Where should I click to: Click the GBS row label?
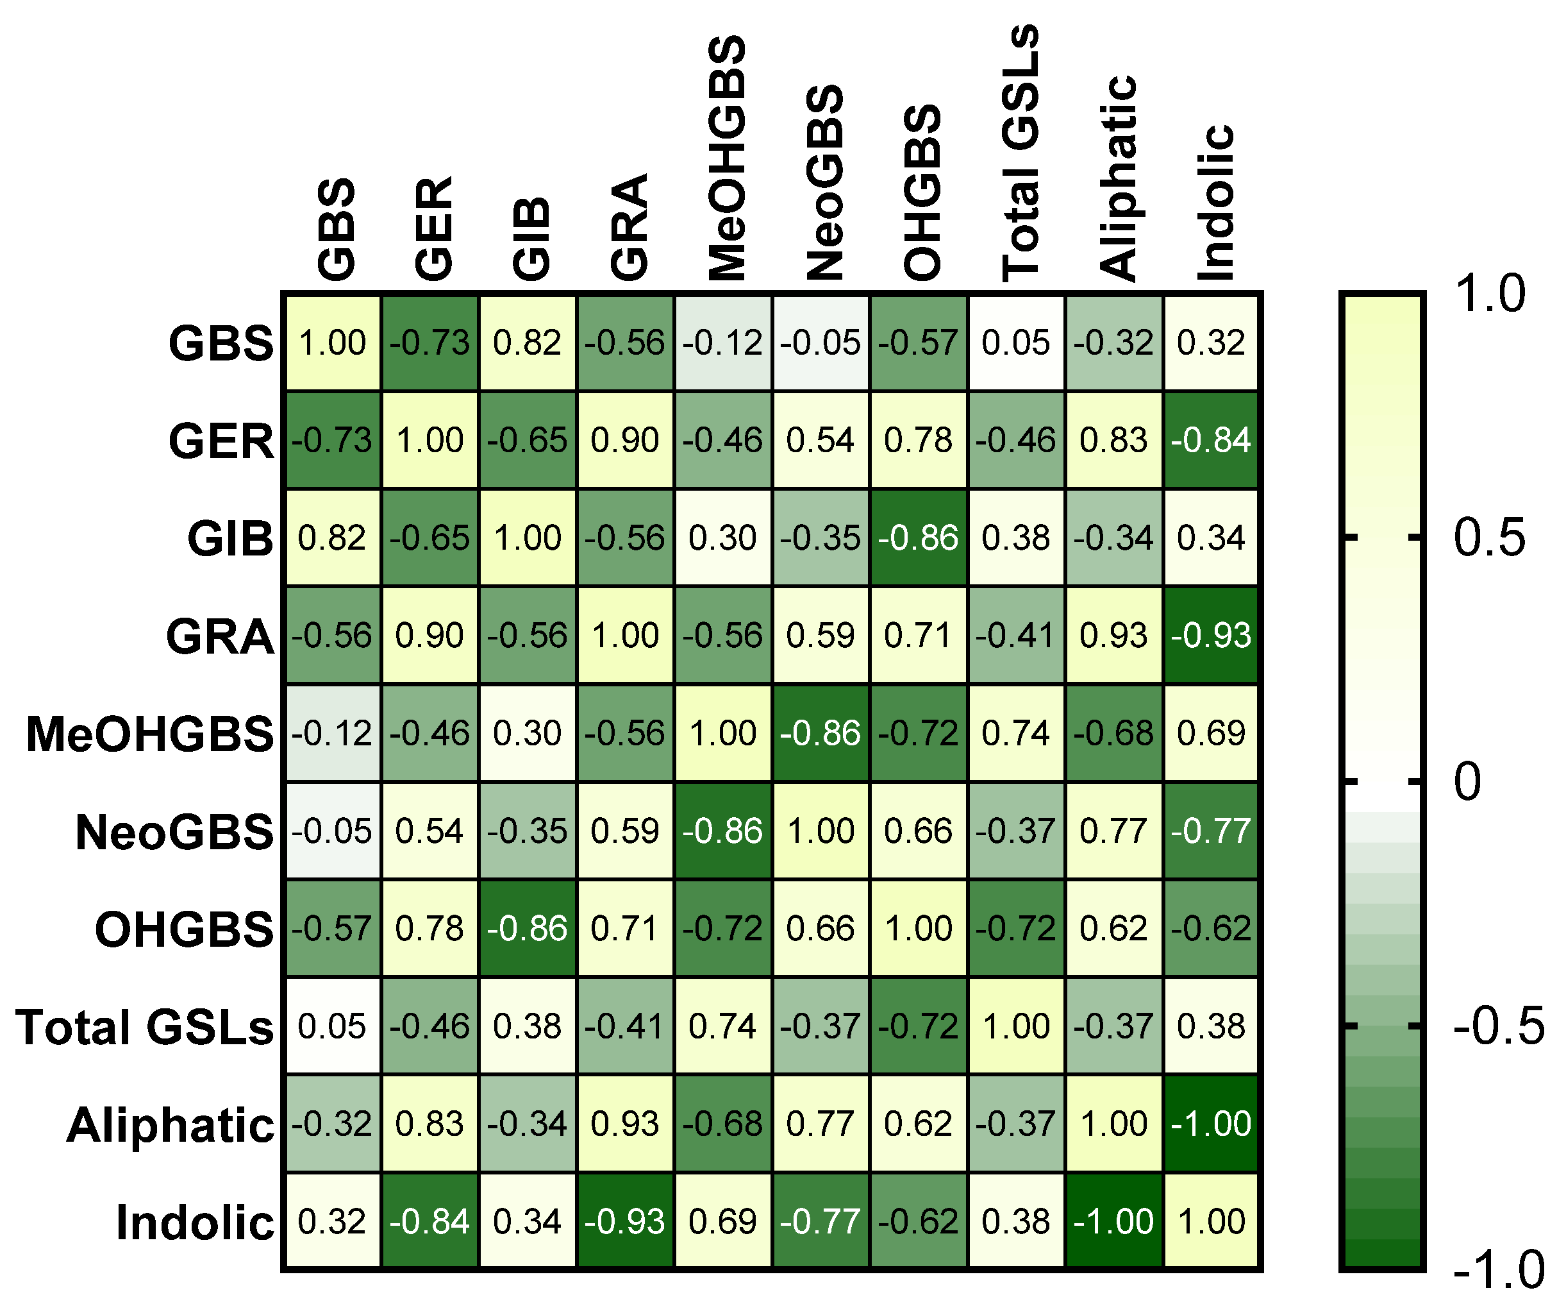click(x=221, y=344)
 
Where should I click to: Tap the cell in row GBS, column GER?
click(x=429, y=343)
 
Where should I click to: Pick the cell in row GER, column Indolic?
click(x=1211, y=440)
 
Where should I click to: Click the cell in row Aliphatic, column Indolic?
click(x=1211, y=1124)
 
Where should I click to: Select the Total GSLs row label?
click(x=146, y=1028)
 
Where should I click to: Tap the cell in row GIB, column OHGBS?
click(x=918, y=538)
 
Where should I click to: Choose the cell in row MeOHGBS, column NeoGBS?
click(x=820, y=733)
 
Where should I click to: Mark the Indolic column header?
click(x=1215, y=203)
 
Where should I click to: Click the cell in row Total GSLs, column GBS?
click(x=332, y=1026)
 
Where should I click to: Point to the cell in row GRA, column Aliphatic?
click(x=1113, y=636)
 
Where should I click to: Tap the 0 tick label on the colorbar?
click(x=1467, y=783)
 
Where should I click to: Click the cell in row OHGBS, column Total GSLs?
click(x=1015, y=929)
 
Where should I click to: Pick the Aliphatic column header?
click(x=1118, y=179)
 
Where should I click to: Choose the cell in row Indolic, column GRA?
click(x=625, y=1221)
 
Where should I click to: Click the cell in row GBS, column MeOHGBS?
click(x=722, y=343)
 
